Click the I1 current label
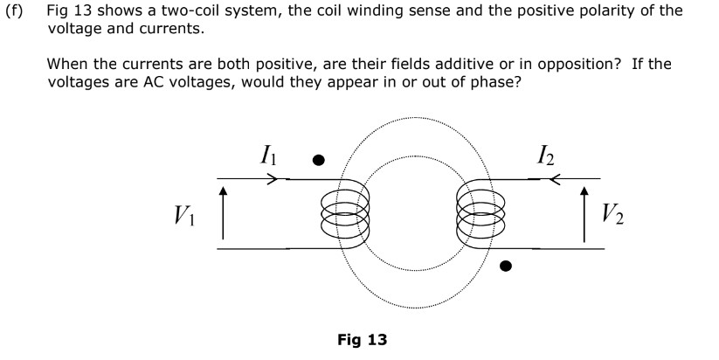click(x=269, y=156)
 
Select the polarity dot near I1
click(x=319, y=160)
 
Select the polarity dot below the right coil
click(x=505, y=266)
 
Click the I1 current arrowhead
click(x=273, y=180)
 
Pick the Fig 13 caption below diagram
click(x=362, y=339)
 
